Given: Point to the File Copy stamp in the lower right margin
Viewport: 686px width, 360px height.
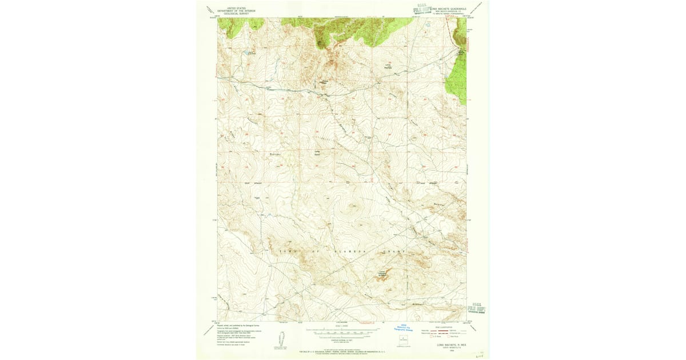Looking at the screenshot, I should coord(478,309).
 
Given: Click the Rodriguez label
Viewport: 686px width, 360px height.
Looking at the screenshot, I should coord(273,153).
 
